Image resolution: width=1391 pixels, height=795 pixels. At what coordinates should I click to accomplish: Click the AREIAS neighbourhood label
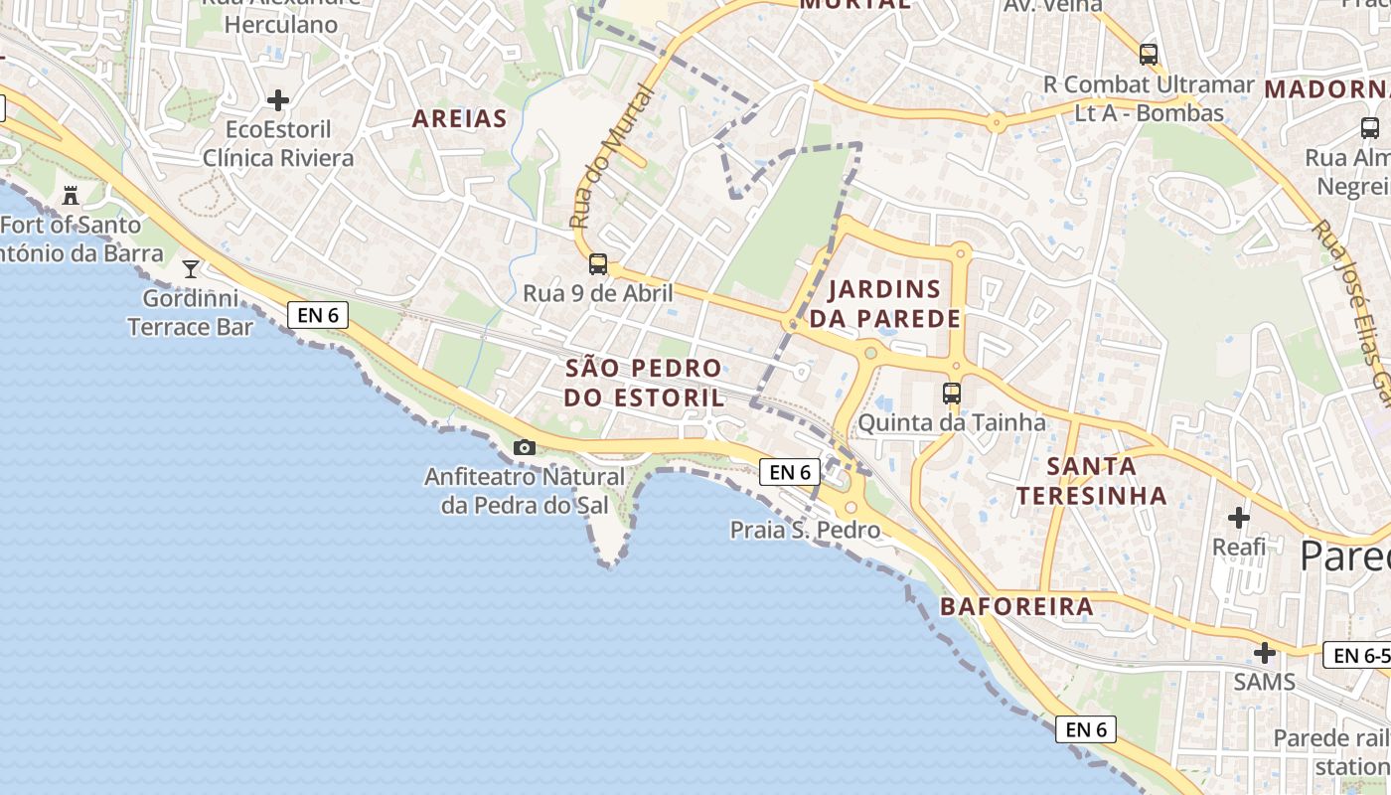(x=459, y=119)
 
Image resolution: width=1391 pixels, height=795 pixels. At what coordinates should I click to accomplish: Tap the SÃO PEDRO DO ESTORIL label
(x=644, y=383)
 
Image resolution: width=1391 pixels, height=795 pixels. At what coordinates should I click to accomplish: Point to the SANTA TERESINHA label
(x=1091, y=480)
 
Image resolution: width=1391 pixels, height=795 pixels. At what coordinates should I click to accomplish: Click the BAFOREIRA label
(x=1016, y=606)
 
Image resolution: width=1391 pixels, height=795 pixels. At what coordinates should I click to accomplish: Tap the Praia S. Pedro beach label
(x=805, y=531)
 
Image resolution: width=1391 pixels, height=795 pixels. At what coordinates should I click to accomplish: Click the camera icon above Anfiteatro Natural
(x=525, y=448)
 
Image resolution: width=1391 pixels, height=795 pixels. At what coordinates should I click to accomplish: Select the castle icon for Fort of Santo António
(x=71, y=195)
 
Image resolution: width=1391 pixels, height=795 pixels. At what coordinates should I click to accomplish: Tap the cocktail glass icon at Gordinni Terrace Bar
(x=191, y=268)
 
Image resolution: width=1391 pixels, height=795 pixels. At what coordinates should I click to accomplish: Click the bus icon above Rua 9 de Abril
(x=598, y=264)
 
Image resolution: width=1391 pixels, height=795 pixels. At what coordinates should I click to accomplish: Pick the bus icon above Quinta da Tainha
(x=952, y=394)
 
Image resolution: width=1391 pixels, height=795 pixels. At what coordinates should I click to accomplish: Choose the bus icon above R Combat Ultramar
(x=1149, y=55)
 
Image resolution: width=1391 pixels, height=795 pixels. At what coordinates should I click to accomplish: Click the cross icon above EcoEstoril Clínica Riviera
(x=278, y=100)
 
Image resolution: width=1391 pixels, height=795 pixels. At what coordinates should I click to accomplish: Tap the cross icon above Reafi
(x=1239, y=518)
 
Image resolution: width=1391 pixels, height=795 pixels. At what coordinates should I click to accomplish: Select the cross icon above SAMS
(x=1265, y=653)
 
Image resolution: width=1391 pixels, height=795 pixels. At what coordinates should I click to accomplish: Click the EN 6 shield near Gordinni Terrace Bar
(x=319, y=316)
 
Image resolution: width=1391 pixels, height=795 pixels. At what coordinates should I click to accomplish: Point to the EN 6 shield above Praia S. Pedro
(x=790, y=472)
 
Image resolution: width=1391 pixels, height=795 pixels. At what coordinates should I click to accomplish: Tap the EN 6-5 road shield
(x=1357, y=656)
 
